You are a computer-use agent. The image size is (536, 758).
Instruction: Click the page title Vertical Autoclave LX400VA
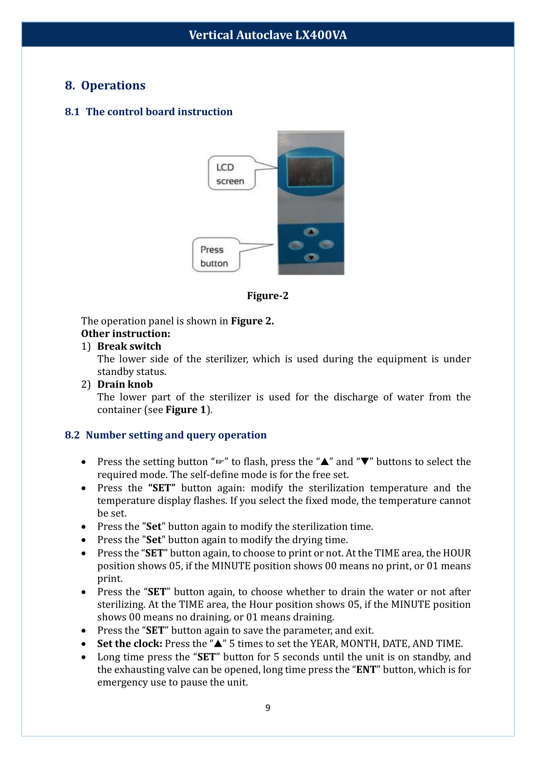click(x=268, y=35)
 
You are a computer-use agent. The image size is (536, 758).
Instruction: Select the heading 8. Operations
click(x=105, y=85)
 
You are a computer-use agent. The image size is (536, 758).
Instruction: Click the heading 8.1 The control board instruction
click(x=148, y=111)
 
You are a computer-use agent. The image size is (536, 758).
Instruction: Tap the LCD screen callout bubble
click(x=231, y=173)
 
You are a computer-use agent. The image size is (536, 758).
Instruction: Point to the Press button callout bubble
click(x=216, y=255)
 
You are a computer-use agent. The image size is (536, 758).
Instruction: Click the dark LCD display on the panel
click(x=310, y=171)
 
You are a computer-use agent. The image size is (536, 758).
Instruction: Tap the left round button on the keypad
click(x=296, y=245)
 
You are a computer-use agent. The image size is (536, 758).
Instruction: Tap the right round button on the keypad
click(x=326, y=244)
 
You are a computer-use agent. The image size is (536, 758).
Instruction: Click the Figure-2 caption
click(x=268, y=296)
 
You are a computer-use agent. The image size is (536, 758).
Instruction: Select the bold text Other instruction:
click(x=126, y=333)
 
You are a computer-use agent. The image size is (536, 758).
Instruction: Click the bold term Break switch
click(x=129, y=346)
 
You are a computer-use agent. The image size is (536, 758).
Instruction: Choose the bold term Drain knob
click(x=125, y=384)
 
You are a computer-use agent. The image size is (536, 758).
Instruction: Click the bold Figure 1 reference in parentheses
click(x=185, y=410)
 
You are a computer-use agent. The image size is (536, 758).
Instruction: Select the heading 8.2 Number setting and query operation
click(x=166, y=435)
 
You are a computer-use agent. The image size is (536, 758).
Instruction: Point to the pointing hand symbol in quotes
click(x=220, y=462)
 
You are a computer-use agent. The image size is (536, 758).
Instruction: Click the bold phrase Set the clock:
click(x=130, y=644)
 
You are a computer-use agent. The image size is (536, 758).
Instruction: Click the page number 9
click(x=268, y=707)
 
